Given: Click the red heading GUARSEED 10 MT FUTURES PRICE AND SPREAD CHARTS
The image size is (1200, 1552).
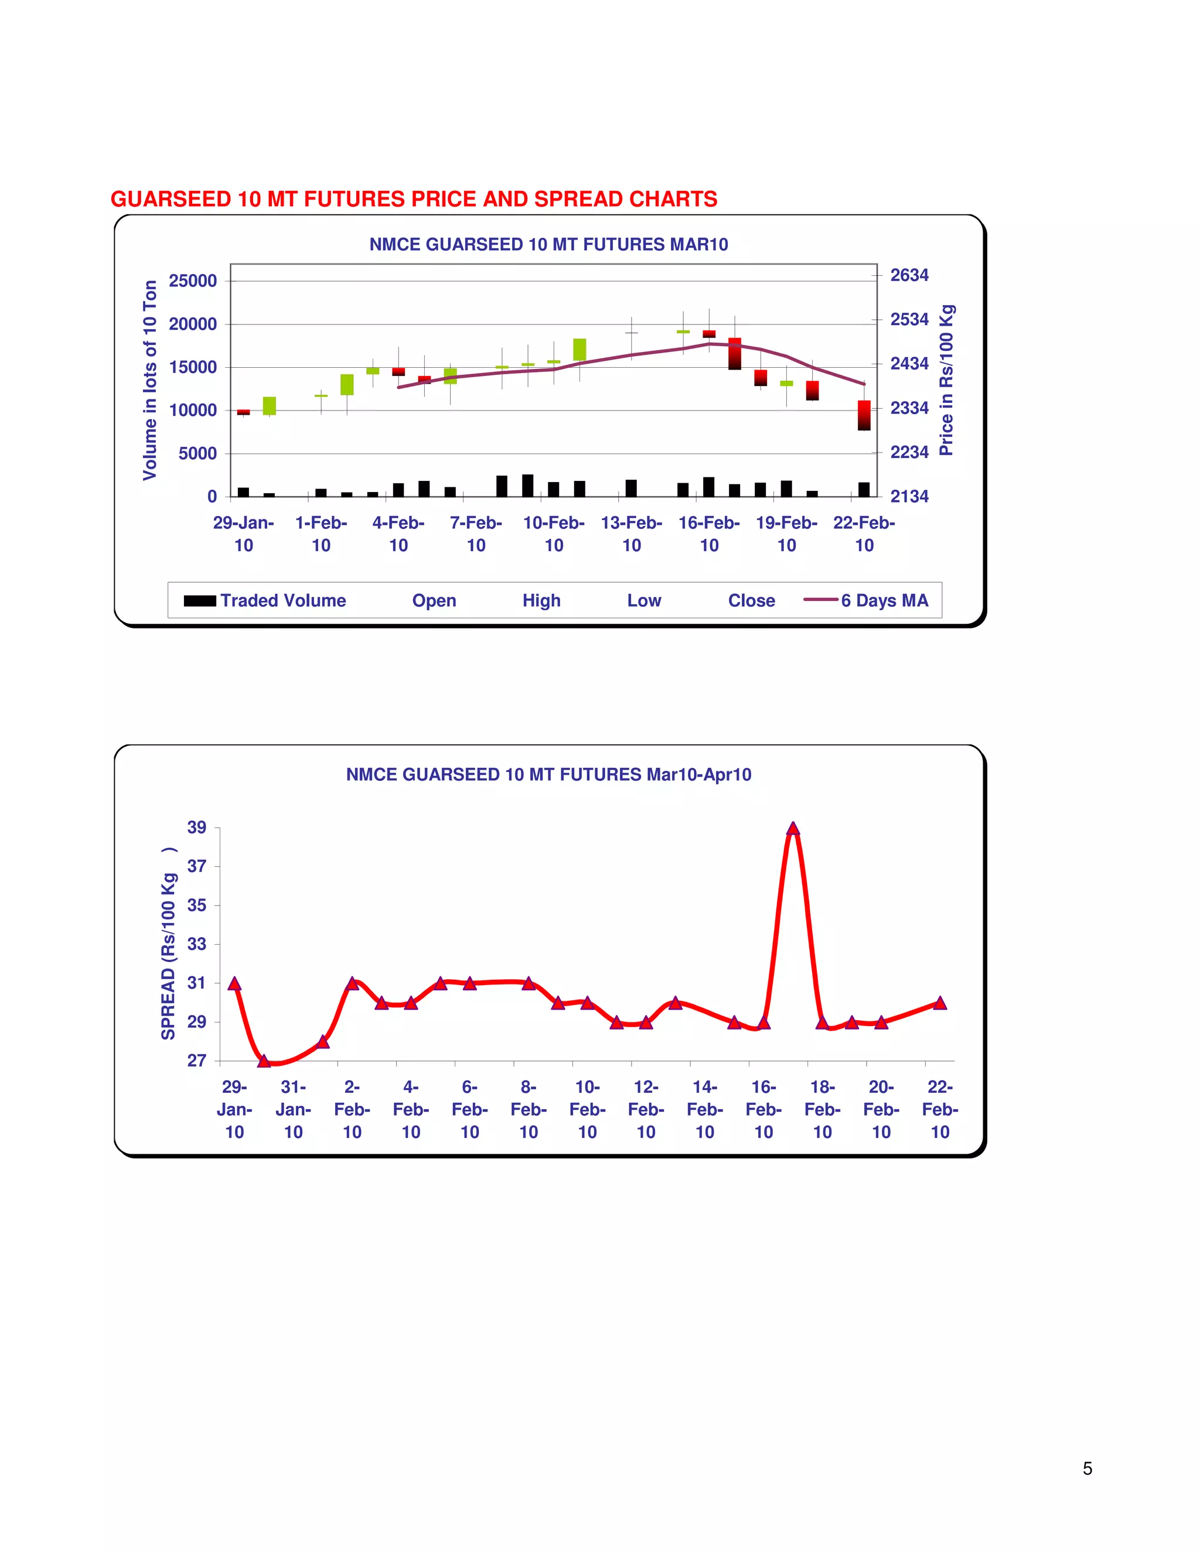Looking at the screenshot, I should pyautogui.click(x=414, y=199).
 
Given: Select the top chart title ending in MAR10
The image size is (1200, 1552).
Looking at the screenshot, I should pyautogui.click(x=548, y=244).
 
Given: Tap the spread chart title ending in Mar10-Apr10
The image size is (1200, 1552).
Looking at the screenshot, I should pyautogui.click(x=548, y=775).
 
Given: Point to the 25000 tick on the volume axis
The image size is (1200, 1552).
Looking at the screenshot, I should pyautogui.click(x=193, y=281).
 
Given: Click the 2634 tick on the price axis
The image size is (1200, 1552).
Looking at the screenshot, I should pyautogui.click(x=909, y=275).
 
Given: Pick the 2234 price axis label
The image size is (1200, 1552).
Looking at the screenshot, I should pyautogui.click(x=909, y=452).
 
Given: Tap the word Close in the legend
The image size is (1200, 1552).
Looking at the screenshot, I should pyautogui.click(x=751, y=600).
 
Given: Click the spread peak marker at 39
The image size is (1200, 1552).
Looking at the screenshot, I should pyautogui.click(x=793, y=829).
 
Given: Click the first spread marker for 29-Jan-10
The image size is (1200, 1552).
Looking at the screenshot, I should pyautogui.click(x=234, y=983).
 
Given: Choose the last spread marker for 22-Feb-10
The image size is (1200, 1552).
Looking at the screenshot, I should pyautogui.click(x=940, y=1003).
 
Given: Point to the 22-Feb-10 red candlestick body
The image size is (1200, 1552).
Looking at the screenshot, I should pyautogui.click(x=864, y=415).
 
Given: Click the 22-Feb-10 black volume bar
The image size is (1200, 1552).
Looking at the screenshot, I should pyautogui.click(x=864, y=489).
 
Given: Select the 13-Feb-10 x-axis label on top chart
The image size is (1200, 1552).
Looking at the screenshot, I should pyautogui.click(x=631, y=534).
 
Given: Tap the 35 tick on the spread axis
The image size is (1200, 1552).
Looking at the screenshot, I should pyautogui.click(x=197, y=905).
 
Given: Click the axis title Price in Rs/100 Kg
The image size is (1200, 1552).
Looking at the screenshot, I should pyautogui.click(x=946, y=380).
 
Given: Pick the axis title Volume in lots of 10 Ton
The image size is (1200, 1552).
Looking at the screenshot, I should pyautogui.click(x=149, y=380).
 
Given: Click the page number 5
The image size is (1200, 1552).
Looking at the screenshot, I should pyautogui.click(x=1087, y=1468).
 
